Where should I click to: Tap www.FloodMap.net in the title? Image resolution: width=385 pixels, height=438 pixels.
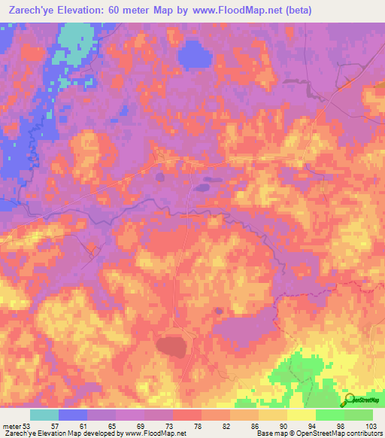pos(225,9)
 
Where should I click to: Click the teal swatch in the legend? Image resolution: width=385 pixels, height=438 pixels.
pos(44,415)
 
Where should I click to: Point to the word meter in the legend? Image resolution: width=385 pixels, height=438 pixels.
pos(11,427)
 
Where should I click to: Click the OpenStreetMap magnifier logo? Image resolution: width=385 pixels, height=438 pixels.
pos(350,400)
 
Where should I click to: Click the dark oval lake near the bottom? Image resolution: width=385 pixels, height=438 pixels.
pos(171,346)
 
